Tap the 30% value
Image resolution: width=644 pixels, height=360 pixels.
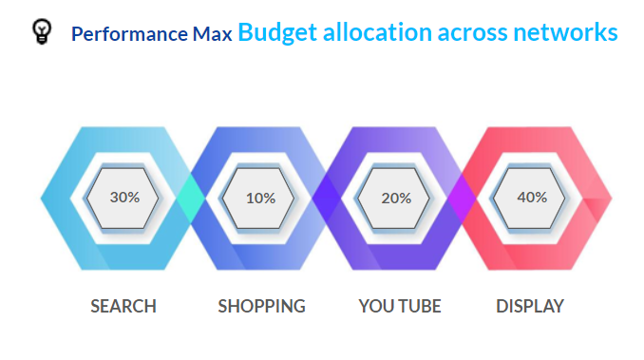124,198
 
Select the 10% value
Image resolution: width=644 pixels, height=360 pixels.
260,199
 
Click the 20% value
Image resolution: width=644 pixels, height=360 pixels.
396,199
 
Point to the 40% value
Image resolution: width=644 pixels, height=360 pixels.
532,198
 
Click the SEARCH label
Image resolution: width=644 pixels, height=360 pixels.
123,307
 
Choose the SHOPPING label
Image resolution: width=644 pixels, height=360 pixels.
261,307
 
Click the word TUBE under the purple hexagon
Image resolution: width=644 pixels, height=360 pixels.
419,307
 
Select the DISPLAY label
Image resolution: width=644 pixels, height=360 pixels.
530,307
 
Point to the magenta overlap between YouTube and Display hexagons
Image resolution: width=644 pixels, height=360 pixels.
464,199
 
